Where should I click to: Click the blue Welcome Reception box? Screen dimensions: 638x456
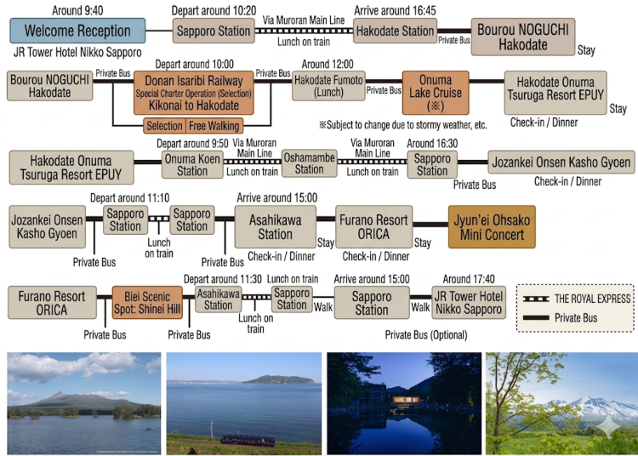point(77,31)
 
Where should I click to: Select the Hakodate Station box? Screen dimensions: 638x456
point(395,31)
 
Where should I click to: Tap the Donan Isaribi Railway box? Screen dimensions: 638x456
point(194,93)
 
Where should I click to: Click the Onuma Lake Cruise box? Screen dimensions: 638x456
point(436,93)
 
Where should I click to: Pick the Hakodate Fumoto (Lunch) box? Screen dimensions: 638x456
point(328,86)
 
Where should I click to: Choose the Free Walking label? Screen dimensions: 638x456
point(214,126)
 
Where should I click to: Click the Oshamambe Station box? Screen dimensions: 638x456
point(310,163)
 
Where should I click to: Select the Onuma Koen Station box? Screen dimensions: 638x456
point(192,165)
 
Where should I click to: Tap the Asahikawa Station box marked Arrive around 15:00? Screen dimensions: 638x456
point(276,227)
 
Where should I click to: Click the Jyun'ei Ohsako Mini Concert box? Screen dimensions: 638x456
point(492,227)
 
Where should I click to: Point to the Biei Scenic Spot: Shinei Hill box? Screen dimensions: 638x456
point(147,303)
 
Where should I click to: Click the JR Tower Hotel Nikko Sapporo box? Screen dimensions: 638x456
point(469,303)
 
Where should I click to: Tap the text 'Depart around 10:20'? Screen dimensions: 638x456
point(214,10)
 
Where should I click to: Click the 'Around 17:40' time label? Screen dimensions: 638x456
point(469,279)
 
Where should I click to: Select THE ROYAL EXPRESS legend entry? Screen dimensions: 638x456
point(577,299)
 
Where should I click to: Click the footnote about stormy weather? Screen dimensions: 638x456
point(403,124)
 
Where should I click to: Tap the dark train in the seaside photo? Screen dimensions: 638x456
point(248,439)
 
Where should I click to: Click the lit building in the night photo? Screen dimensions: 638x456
point(406,400)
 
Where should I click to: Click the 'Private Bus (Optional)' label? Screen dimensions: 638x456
point(426,335)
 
